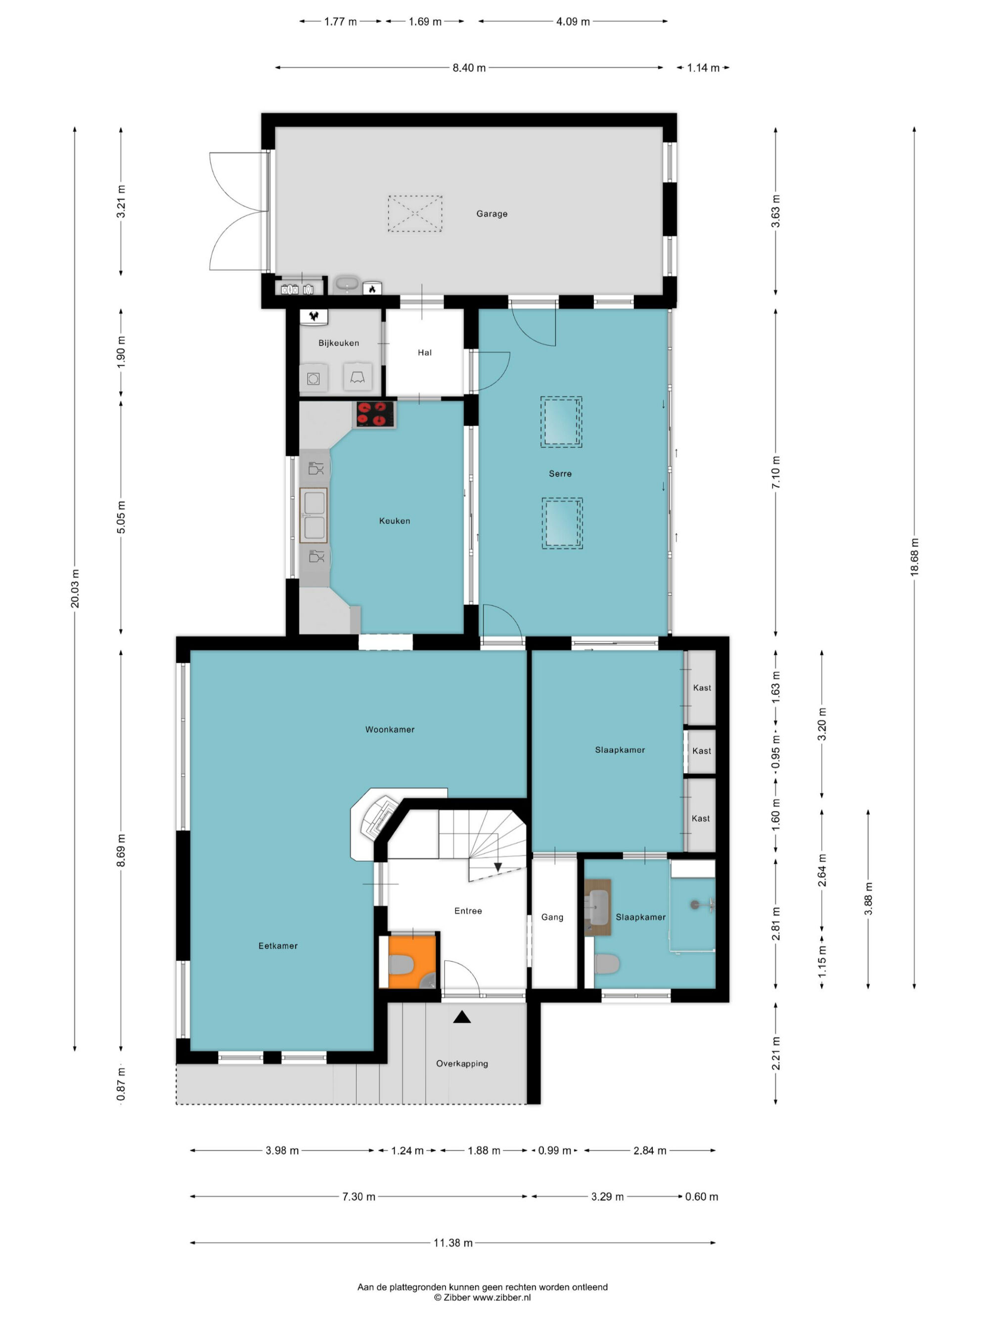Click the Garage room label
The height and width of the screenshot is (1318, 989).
click(x=492, y=214)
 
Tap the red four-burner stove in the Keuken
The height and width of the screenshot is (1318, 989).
click(x=375, y=414)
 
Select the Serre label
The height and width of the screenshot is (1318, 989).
click(x=560, y=474)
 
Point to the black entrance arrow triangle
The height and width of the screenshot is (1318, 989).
click(x=462, y=1017)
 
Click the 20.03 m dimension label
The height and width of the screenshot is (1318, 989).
click(x=75, y=589)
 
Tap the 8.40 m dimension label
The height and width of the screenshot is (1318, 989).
click(x=469, y=68)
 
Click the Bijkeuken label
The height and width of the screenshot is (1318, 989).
click(x=339, y=343)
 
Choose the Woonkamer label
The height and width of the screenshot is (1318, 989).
click(x=390, y=729)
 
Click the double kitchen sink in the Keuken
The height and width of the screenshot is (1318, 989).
click(x=314, y=515)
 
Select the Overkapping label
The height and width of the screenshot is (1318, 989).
click(x=462, y=1063)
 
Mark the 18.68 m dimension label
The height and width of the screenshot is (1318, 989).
click(x=914, y=557)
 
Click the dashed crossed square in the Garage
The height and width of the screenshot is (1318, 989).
click(x=415, y=213)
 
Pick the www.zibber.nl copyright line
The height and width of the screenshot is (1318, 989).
click(x=482, y=1297)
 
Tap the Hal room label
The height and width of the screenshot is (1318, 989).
click(x=424, y=353)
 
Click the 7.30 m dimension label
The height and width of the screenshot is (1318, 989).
click(x=359, y=1196)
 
